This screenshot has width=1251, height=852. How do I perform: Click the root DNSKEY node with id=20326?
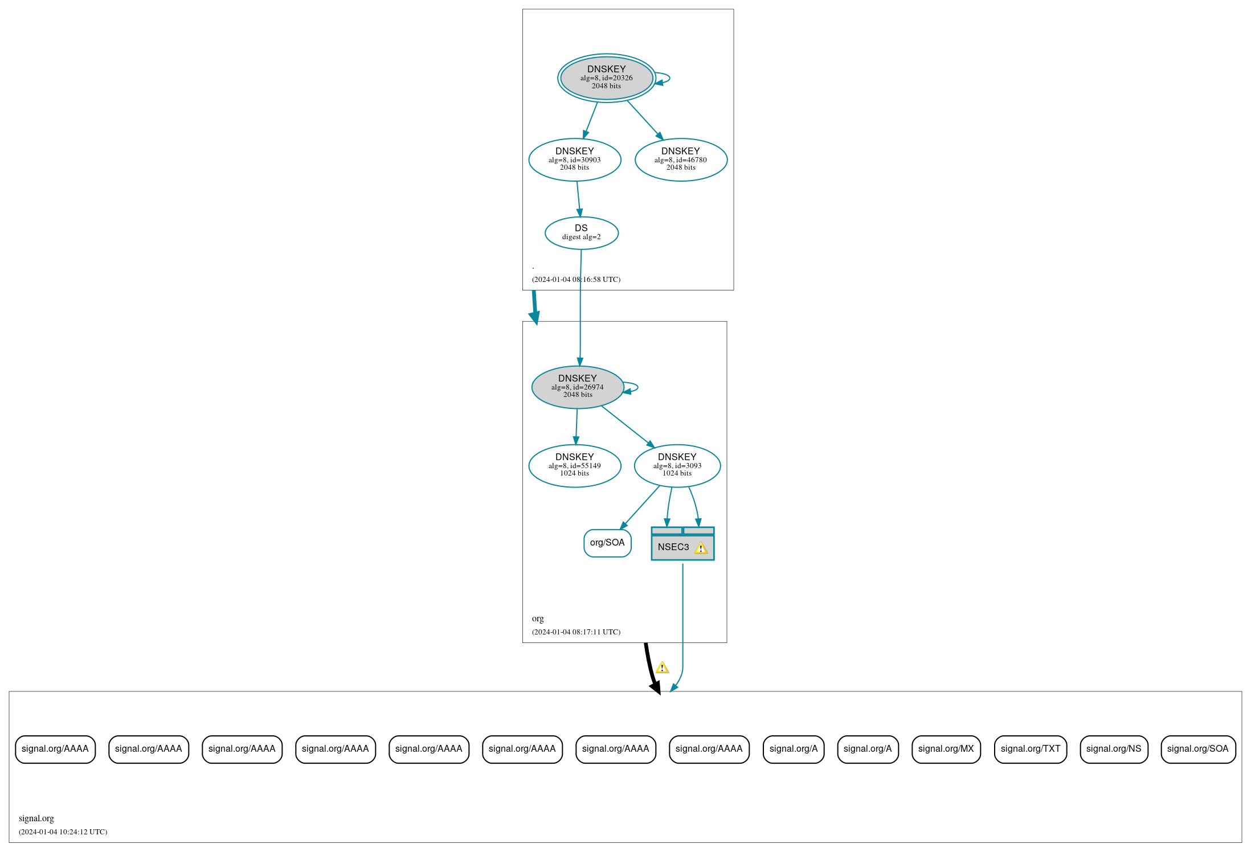tap(606, 77)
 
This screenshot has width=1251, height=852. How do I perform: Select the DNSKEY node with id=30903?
tap(574, 159)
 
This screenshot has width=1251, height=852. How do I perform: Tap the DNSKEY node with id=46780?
tap(681, 159)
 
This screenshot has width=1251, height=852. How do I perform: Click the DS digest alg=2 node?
tap(581, 232)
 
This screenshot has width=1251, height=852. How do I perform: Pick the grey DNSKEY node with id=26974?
tap(577, 387)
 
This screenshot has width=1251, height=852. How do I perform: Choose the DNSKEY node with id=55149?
tap(574, 465)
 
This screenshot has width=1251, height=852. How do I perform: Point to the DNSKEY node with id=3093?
tap(677, 465)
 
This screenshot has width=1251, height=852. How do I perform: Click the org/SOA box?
tap(607, 543)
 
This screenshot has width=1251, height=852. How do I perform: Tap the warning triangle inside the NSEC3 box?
tap(701, 548)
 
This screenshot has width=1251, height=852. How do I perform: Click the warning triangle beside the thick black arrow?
tap(662, 667)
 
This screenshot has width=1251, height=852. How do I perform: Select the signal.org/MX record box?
tap(946, 749)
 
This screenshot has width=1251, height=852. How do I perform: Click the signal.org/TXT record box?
tap(1030, 749)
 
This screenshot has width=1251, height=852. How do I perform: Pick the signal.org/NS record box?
tap(1113, 749)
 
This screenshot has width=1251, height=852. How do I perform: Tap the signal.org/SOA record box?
tap(1197, 749)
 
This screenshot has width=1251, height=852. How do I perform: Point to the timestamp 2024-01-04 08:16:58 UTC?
tap(576, 280)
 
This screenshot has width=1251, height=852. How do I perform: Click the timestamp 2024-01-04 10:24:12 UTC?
tap(63, 832)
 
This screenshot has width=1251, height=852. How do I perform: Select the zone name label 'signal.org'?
tap(36, 818)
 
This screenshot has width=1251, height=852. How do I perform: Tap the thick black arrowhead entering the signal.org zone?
tap(656, 687)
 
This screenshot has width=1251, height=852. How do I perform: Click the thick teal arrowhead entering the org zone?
tap(535, 318)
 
